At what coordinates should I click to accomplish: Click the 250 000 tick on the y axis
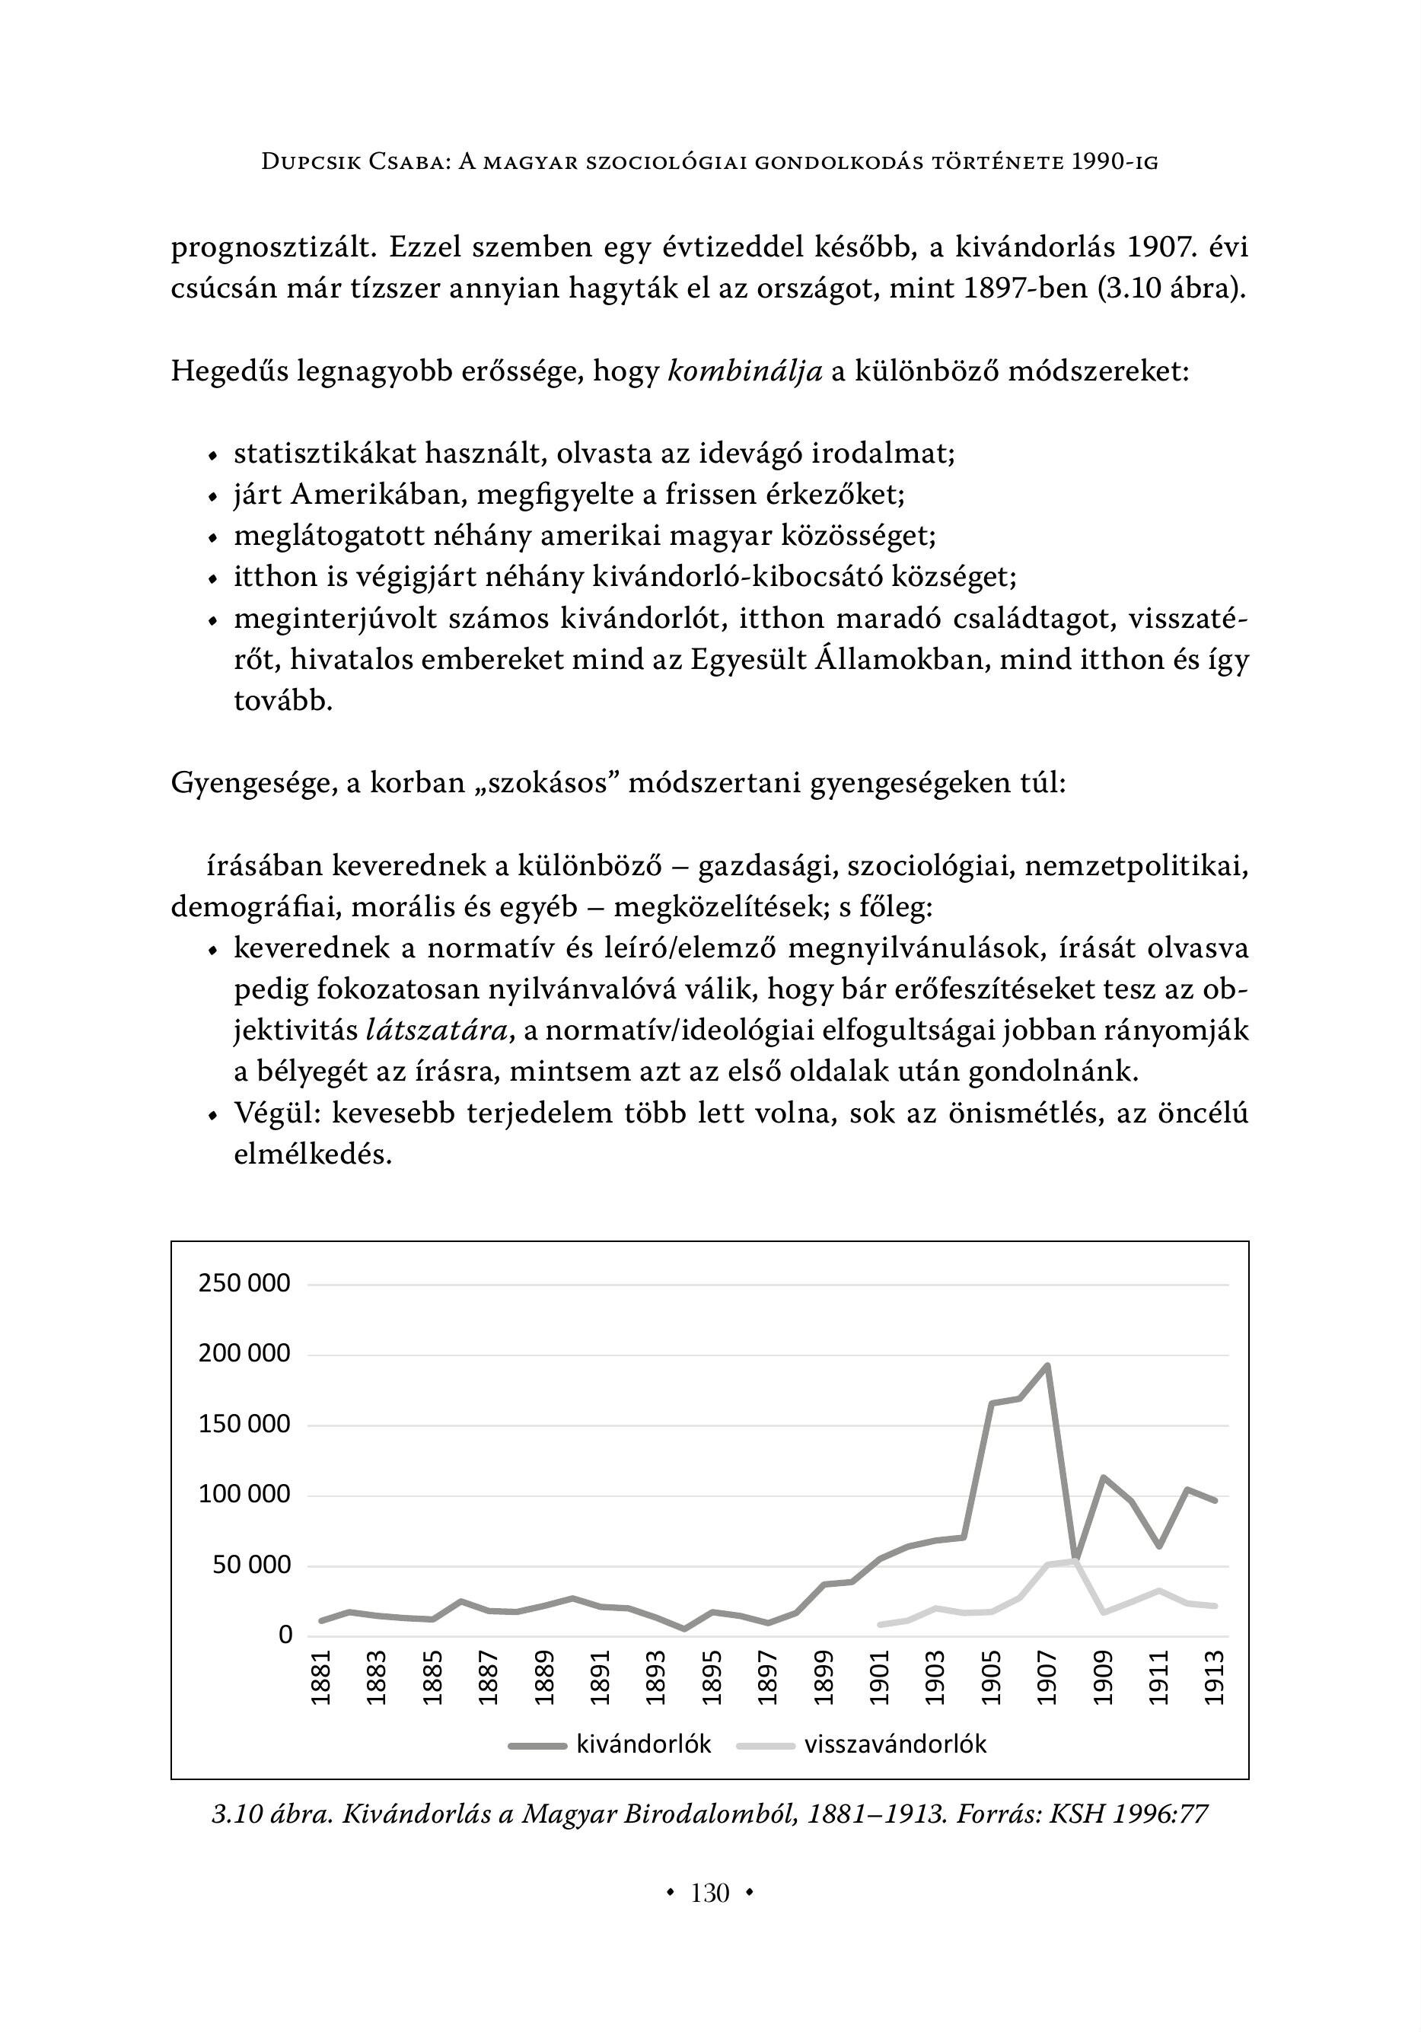click(244, 1283)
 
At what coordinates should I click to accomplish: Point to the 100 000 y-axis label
click(244, 1495)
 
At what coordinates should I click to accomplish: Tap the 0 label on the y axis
click(285, 1635)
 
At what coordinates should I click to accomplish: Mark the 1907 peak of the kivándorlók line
click(1047, 1365)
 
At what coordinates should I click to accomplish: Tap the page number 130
click(710, 1893)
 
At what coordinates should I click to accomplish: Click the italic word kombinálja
click(744, 371)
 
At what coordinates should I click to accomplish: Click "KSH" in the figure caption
click(1076, 1814)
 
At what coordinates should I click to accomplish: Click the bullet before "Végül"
click(212, 1115)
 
